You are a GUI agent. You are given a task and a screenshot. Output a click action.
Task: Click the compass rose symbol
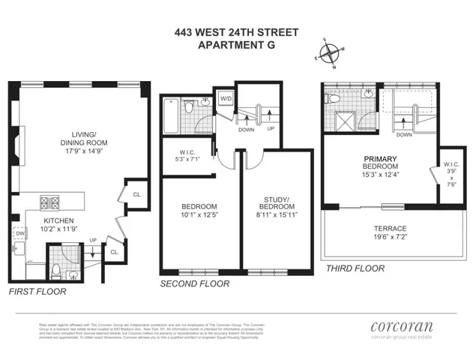point(328,53)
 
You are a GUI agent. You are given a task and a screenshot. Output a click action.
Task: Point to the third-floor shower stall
point(347,119)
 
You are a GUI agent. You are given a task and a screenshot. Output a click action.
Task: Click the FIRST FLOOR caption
point(37,291)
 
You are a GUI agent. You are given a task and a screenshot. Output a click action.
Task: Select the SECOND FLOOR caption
point(195,283)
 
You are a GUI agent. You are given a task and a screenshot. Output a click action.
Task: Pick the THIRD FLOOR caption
point(351,268)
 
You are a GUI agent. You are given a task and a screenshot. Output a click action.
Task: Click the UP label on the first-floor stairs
point(92,241)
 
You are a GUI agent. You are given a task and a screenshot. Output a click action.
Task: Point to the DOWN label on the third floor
point(405,135)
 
